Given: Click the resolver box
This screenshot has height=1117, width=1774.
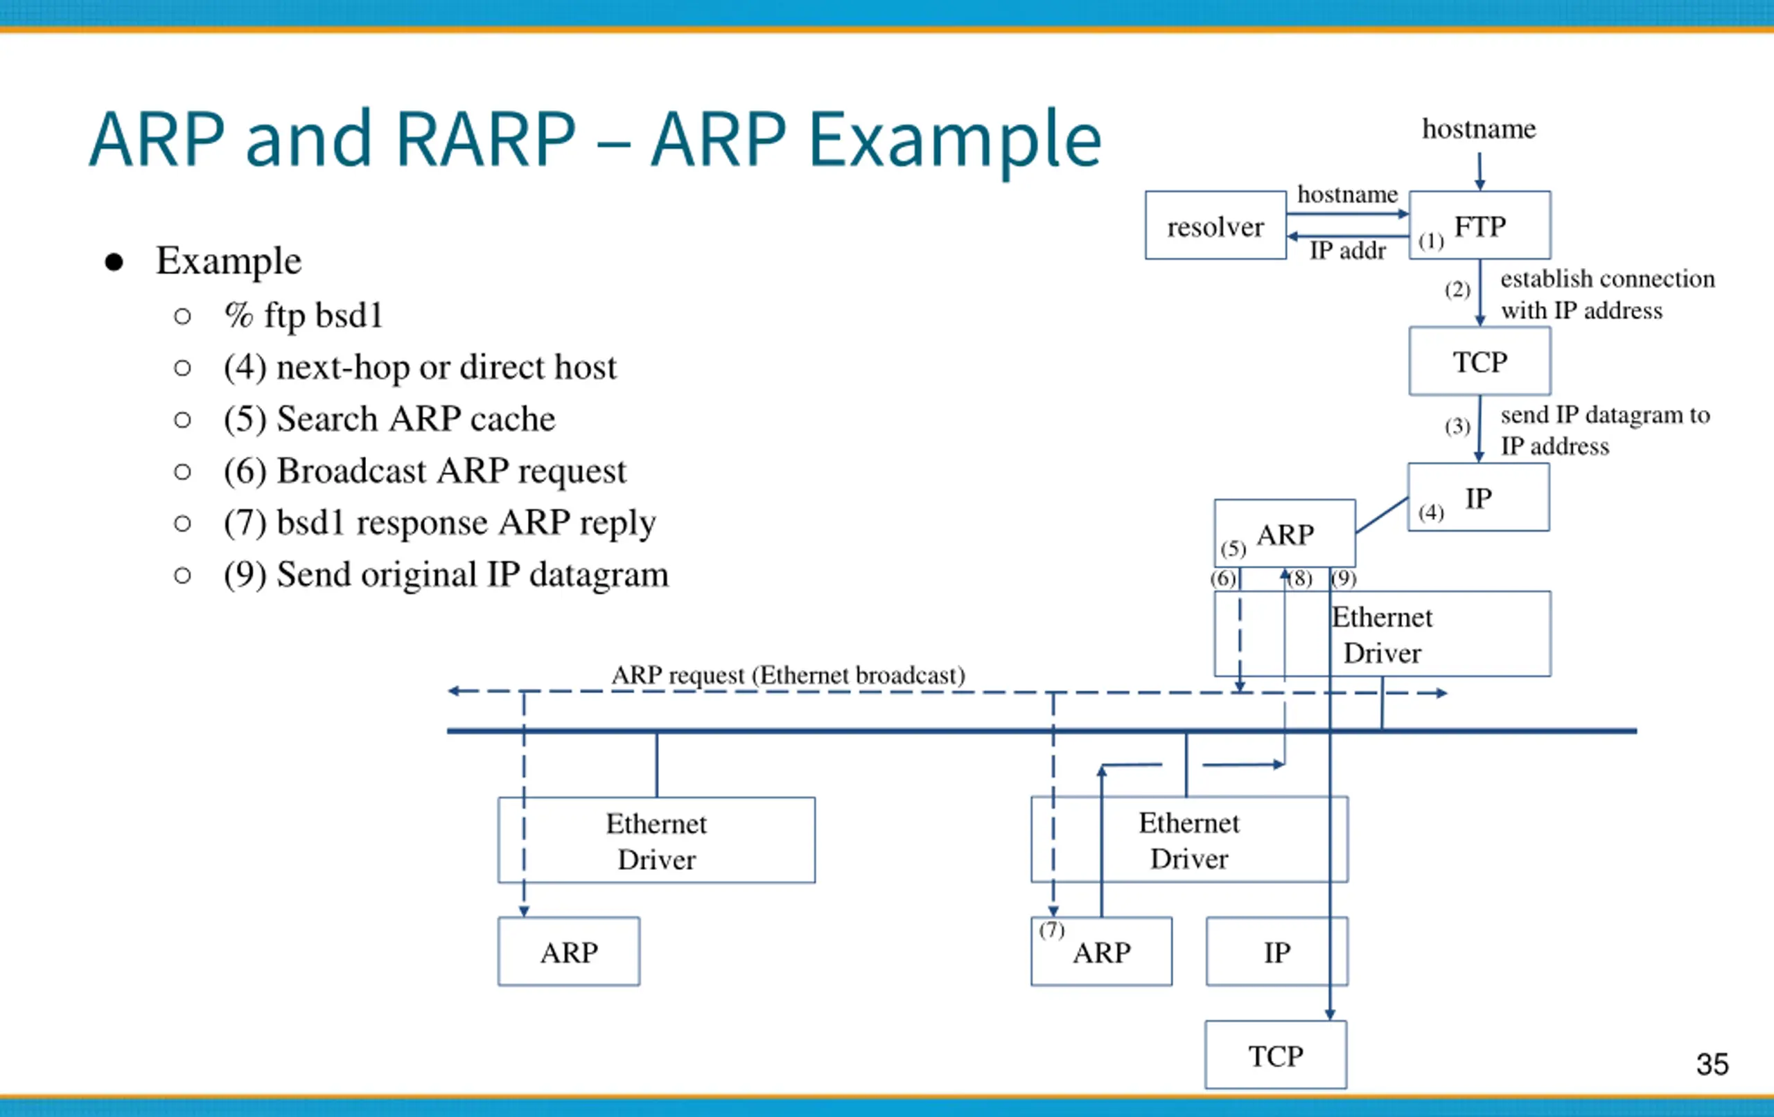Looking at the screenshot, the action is [x=1215, y=225].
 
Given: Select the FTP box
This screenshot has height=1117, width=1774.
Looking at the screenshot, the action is [x=1479, y=225].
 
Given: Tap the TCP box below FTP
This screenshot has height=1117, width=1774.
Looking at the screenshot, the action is [x=1479, y=361].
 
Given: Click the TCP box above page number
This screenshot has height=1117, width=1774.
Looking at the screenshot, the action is [x=1276, y=1055].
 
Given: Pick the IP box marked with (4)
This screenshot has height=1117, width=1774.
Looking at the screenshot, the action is [x=1479, y=497].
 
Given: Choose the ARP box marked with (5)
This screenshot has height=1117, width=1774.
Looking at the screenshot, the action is [x=1285, y=533].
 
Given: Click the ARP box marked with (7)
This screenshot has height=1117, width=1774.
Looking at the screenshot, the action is [x=1101, y=951].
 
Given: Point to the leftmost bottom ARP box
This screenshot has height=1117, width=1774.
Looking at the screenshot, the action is [x=569, y=951].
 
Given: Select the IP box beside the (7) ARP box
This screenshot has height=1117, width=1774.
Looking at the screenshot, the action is [x=1276, y=951].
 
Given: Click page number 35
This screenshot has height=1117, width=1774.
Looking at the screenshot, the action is [x=1712, y=1064].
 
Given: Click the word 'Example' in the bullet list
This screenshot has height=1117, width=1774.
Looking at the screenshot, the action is [x=229, y=260].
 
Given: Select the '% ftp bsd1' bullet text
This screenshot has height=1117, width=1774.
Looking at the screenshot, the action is [x=304, y=315].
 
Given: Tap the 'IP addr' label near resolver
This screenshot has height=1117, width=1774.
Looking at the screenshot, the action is [x=1347, y=251].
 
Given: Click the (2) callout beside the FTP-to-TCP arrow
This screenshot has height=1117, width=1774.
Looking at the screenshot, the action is [x=1457, y=289].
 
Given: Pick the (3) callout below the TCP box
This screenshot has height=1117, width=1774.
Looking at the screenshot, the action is [x=1457, y=427].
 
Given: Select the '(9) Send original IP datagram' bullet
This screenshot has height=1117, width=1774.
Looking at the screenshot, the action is [x=446, y=575].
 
